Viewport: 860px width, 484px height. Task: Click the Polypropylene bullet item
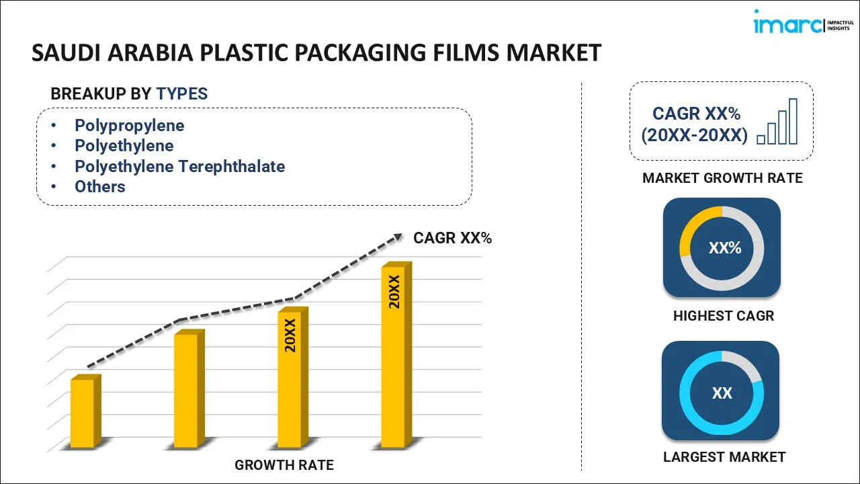pyautogui.click(x=129, y=126)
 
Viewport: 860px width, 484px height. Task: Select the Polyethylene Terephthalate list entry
pyautogui.click(x=179, y=166)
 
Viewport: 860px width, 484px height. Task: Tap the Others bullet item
pyautogui.click(x=99, y=186)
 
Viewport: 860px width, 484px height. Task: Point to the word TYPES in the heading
pyautogui.click(x=182, y=93)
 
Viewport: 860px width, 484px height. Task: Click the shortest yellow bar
pyautogui.click(x=83, y=413)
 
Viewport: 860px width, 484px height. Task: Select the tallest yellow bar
pyautogui.click(x=394, y=356)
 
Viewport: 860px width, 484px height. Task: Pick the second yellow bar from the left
pyautogui.click(x=186, y=390)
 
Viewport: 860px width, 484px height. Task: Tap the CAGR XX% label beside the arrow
pyautogui.click(x=452, y=237)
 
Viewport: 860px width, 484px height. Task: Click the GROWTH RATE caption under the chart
pyautogui.click(x=284, y=465)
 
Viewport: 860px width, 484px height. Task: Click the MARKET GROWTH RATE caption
pyautogui.click(x=722, y=178)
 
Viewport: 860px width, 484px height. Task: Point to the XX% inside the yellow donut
pyautogui.click(x=724, y=248)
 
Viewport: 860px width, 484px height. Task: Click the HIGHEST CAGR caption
pyautogui.click(x=724, y=315)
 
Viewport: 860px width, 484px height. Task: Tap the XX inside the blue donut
pyautogui.click(x=722, y=393)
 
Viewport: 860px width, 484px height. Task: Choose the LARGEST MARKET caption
pyautogui.click(x=724, y=457)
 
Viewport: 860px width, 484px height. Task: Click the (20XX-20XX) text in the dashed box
pyautogui.click(x=694, y=135)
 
